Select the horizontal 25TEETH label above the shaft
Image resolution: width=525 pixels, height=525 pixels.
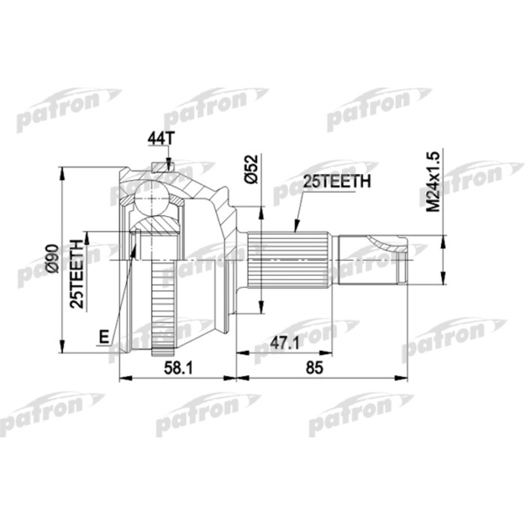[x=336, y=181]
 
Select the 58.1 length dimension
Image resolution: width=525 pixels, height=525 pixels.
[x=177, y=368]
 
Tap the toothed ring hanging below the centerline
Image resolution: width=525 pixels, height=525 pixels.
[x=163, y=307]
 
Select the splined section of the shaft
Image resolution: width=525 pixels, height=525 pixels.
[x=292, y=259]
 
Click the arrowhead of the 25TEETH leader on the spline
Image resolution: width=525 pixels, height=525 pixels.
[x=295, y=228]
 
